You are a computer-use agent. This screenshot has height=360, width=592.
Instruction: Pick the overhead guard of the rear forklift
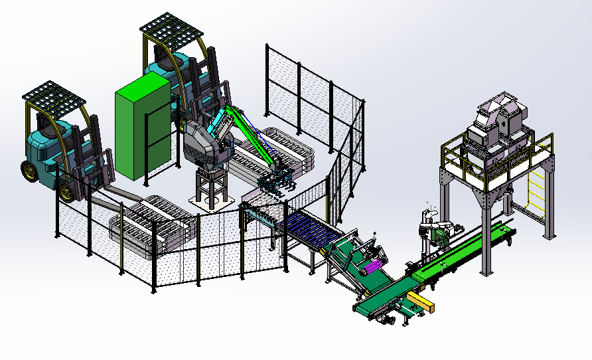click(171, 27)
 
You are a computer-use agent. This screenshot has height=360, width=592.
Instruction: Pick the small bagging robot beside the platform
click(435, 229)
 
